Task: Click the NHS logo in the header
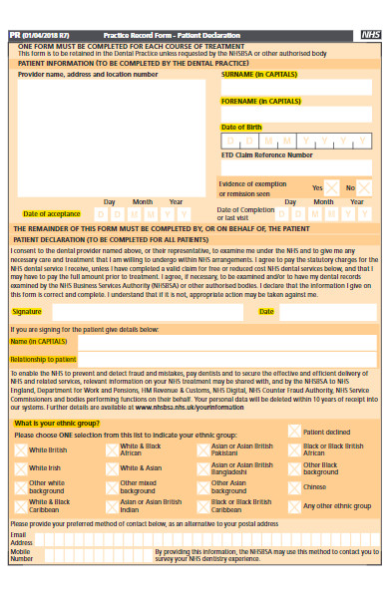[370, 34]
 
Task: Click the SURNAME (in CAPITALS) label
[258, 74]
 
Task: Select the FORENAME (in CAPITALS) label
[260, 101]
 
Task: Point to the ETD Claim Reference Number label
[266, 154]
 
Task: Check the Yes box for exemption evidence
[331, 187]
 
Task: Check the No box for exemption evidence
[365, 187]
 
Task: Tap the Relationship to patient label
[44, 359]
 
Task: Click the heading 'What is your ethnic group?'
[57, 424]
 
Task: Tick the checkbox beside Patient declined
[293, 432]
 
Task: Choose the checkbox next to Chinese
[293, 487]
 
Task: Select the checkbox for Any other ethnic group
[293, 506]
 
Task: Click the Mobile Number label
[21, 554]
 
